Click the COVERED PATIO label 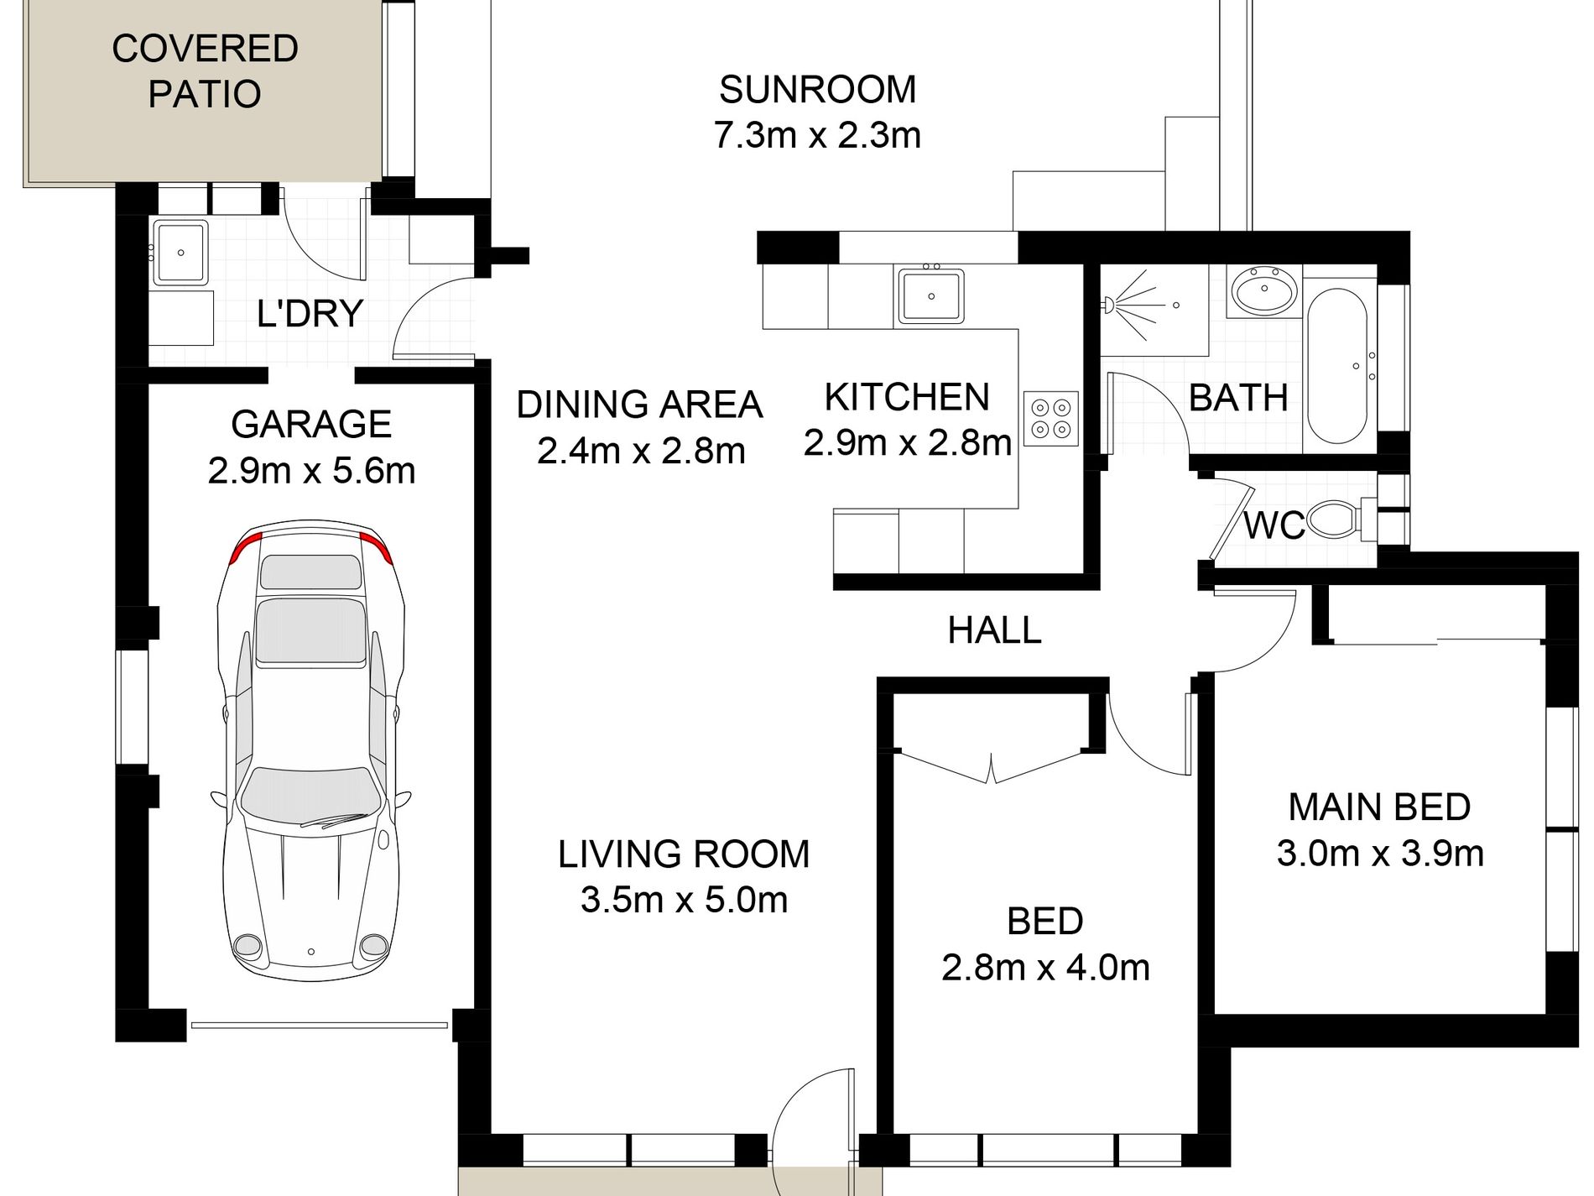click(205, 71)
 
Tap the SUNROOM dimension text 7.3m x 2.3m click(817, 135)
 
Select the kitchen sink click(930, 295)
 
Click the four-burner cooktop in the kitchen click(1050, 418)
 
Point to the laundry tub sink click(180, 252)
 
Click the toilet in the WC click(1333, 519)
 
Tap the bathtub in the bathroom click(1337, 366)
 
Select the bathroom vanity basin click(1263, 291)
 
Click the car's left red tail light click(244, 547)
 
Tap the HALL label click(994, 629)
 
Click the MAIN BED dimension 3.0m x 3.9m click(1380, 854)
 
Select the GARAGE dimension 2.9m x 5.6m click(311, 471)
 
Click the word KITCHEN click(907, 397)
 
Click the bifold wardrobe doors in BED click(992, 768)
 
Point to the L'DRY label click(310, 313)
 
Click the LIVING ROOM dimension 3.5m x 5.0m click(684, 900)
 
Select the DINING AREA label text click(639, 405)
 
